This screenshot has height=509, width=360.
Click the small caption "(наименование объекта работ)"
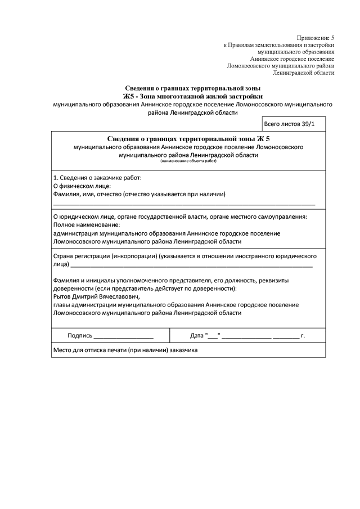tap(188, 161)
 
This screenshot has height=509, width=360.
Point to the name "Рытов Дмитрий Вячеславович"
tap(95, 296)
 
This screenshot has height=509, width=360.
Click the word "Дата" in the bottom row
tap(197, 336)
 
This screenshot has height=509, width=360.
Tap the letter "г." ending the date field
tap(303, 336)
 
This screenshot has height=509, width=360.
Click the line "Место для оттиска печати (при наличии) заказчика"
tap(125, 349)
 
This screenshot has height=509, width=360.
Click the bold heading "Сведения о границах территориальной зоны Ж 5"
tap(188, 138)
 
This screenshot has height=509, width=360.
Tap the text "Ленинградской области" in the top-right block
tap(303, 73)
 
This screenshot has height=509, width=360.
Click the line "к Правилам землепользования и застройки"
tap(279, 44)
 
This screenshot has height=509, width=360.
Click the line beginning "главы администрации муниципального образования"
tap(175, 304)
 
